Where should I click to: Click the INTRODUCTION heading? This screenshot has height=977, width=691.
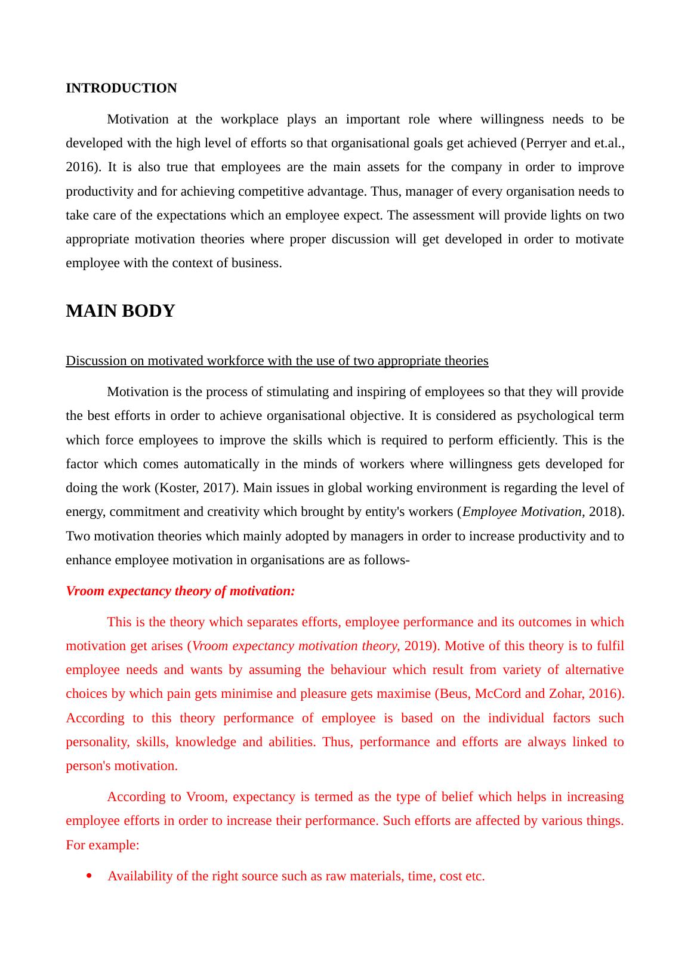(x=121, y=88)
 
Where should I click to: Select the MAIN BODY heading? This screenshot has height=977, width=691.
(x=120, y=311)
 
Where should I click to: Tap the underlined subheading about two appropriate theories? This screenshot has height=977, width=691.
(x=277, y=361)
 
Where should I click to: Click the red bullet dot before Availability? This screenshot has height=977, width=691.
(x=89, y=876)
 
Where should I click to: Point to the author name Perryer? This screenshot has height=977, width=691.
(x=545, y=143)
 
